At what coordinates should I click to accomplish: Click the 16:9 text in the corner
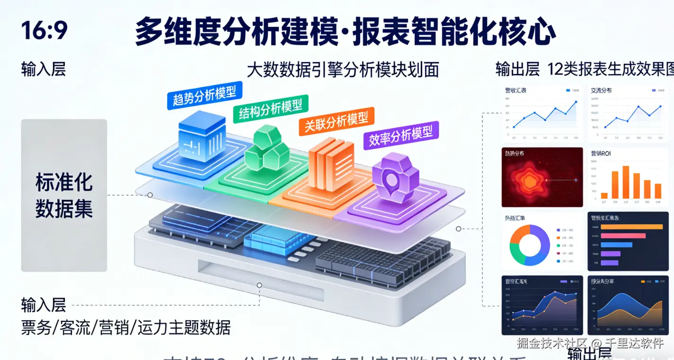[44, 31]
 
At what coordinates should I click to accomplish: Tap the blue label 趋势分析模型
[204, 95]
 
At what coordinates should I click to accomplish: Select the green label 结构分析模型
[270, 108]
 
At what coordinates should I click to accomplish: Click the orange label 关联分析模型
[336, 121]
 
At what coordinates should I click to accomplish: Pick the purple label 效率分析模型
[401, 135]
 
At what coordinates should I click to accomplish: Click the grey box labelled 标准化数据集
[64, 195]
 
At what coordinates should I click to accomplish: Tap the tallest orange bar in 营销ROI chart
[626, 182]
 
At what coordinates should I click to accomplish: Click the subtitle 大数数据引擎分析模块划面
[343, 70]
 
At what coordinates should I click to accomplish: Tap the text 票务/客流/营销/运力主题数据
[125, 327]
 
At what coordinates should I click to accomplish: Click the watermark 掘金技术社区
[552, 343]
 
